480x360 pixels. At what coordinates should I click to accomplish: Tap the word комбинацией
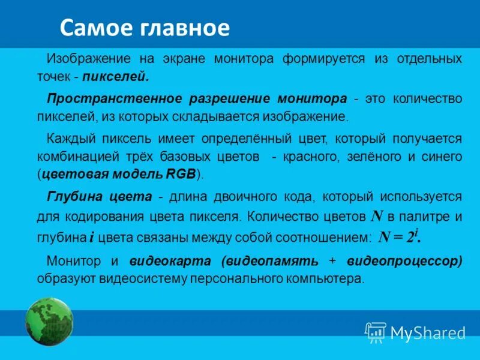[74, 157]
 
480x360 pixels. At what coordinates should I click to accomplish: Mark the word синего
[445, 157]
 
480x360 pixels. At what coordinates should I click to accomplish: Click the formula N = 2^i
[400, 236]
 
